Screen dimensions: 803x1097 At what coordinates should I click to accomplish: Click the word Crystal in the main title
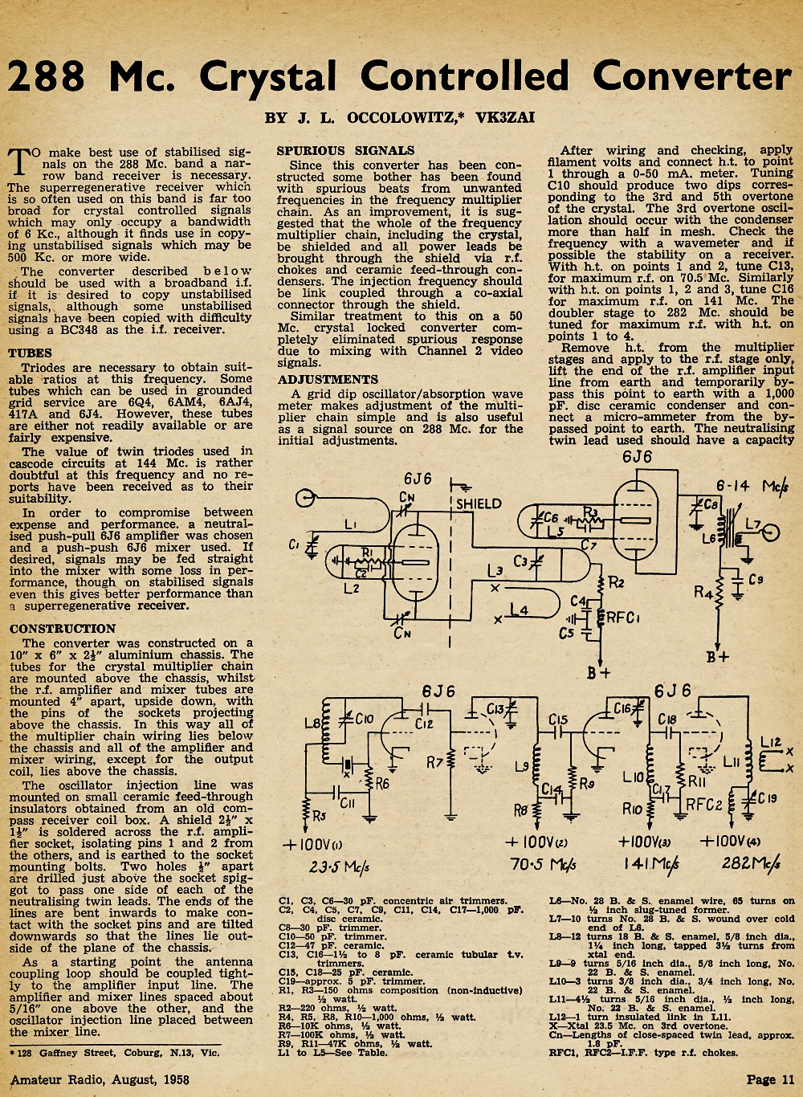point(268,77)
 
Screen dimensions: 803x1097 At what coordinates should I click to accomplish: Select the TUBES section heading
point(30,353)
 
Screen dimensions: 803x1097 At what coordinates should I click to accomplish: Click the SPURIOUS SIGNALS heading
point(345,151)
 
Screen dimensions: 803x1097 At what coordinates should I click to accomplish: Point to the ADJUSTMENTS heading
point(328,380)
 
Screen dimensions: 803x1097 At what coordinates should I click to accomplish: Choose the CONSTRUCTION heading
point(63,629)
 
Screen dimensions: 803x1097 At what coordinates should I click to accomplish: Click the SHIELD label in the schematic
point(479,504)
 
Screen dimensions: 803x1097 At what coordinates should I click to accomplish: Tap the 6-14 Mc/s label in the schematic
point(752,486)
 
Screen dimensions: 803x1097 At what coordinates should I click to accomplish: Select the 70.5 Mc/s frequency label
point(543,865)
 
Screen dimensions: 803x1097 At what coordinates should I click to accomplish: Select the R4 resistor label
point(703,593)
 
